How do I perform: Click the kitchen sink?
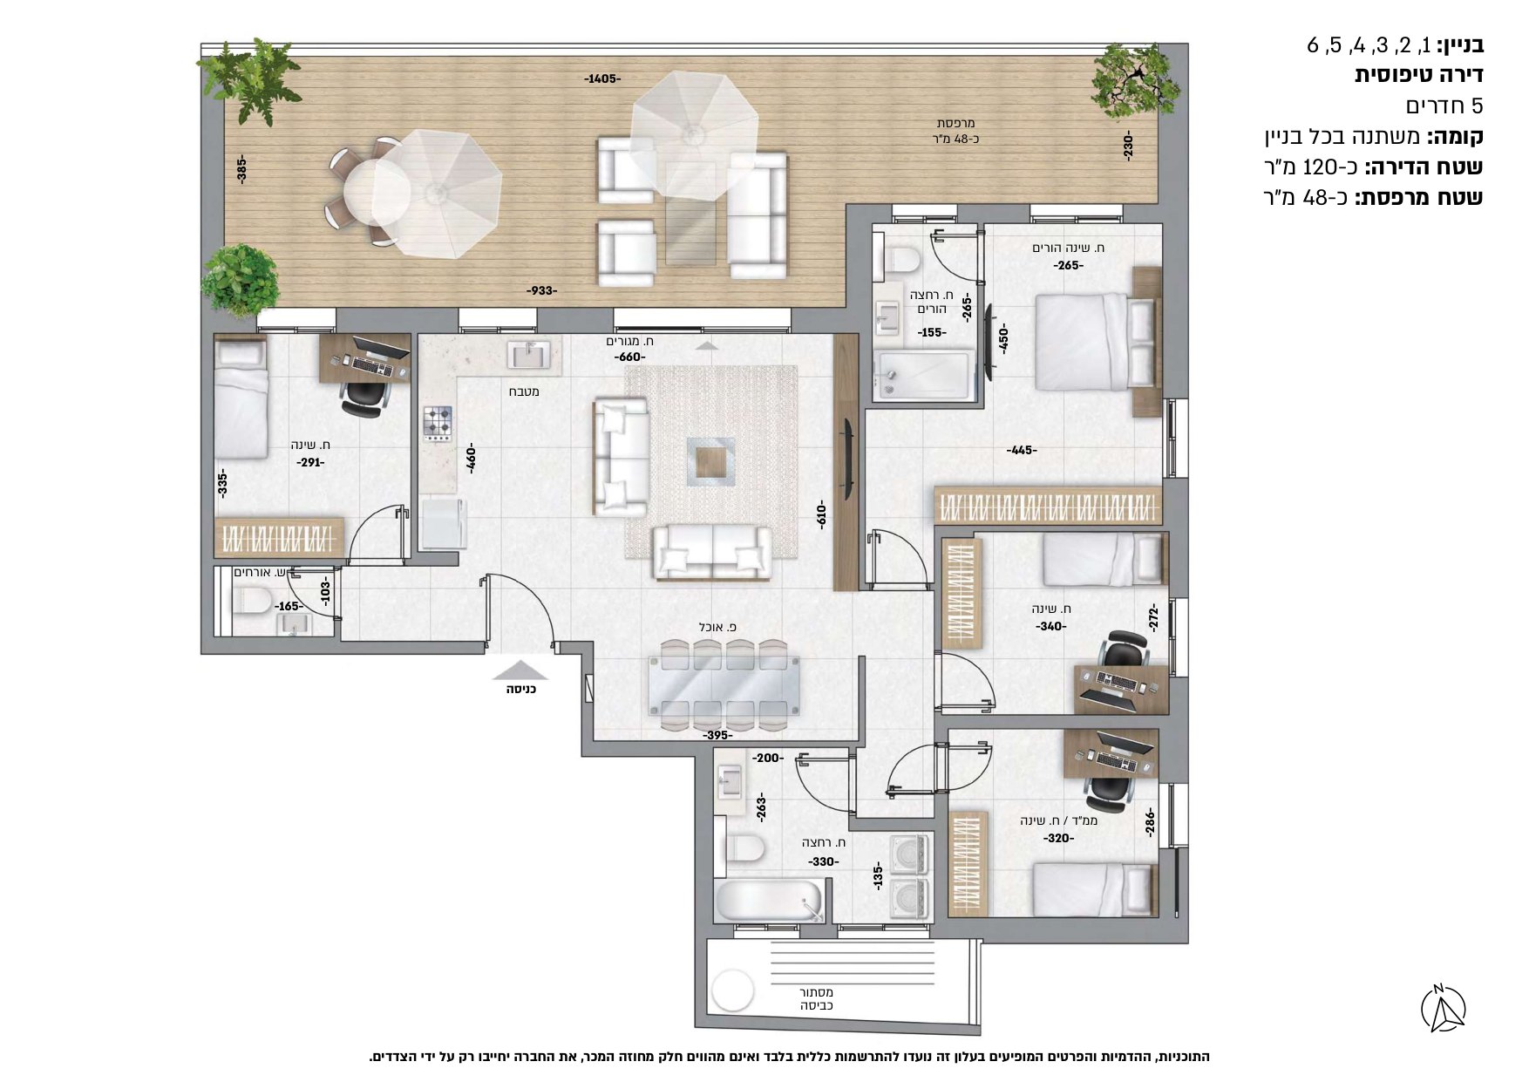tap(530, 355)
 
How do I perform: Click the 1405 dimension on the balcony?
tap(601, 79)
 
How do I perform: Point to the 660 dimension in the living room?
tap(629, 357)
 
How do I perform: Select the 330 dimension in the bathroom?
tap(823, 861)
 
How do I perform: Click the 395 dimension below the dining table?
tap(717, 735)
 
